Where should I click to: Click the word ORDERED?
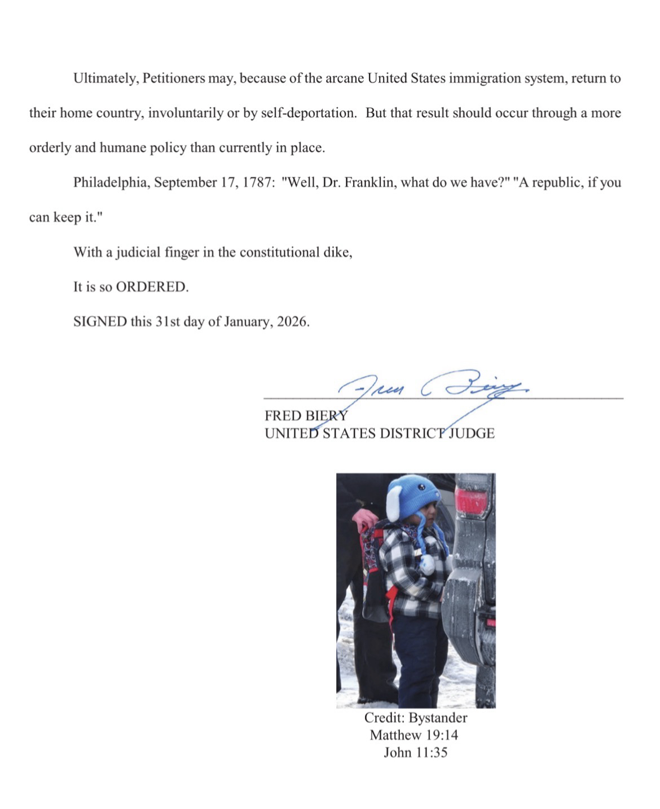(151, 287)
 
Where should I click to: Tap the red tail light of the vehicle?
(471, 501)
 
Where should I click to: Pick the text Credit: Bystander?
(416, 718)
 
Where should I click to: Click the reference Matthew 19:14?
(414, 735)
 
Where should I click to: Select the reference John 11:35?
(415, 753)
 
